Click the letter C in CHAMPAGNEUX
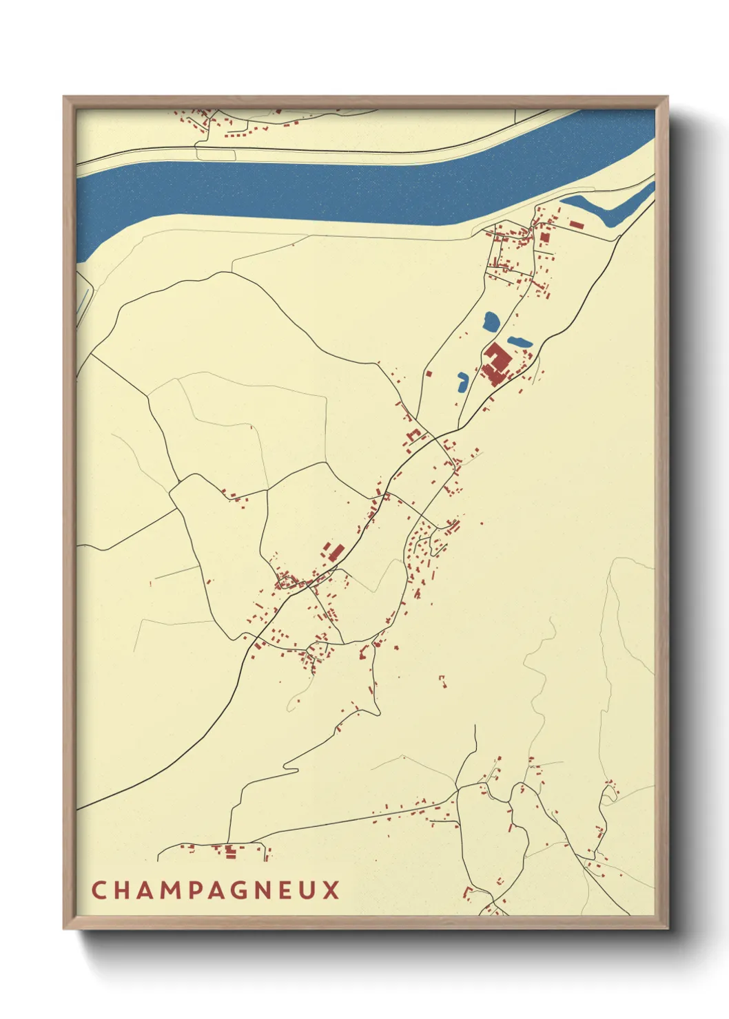click(x=98, y=890)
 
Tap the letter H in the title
click(x=121, y=890)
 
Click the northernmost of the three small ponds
click(x=491, y=321)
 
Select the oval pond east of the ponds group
click(x=520, y=342)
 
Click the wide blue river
click(x=345, y=189)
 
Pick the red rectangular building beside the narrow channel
click(x=576, y=224)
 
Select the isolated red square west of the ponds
click(x=429, y=374)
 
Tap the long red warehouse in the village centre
click(x=336, y=552)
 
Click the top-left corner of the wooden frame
click(x=64, y=97)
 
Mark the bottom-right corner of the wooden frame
click(x=667, y=927)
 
